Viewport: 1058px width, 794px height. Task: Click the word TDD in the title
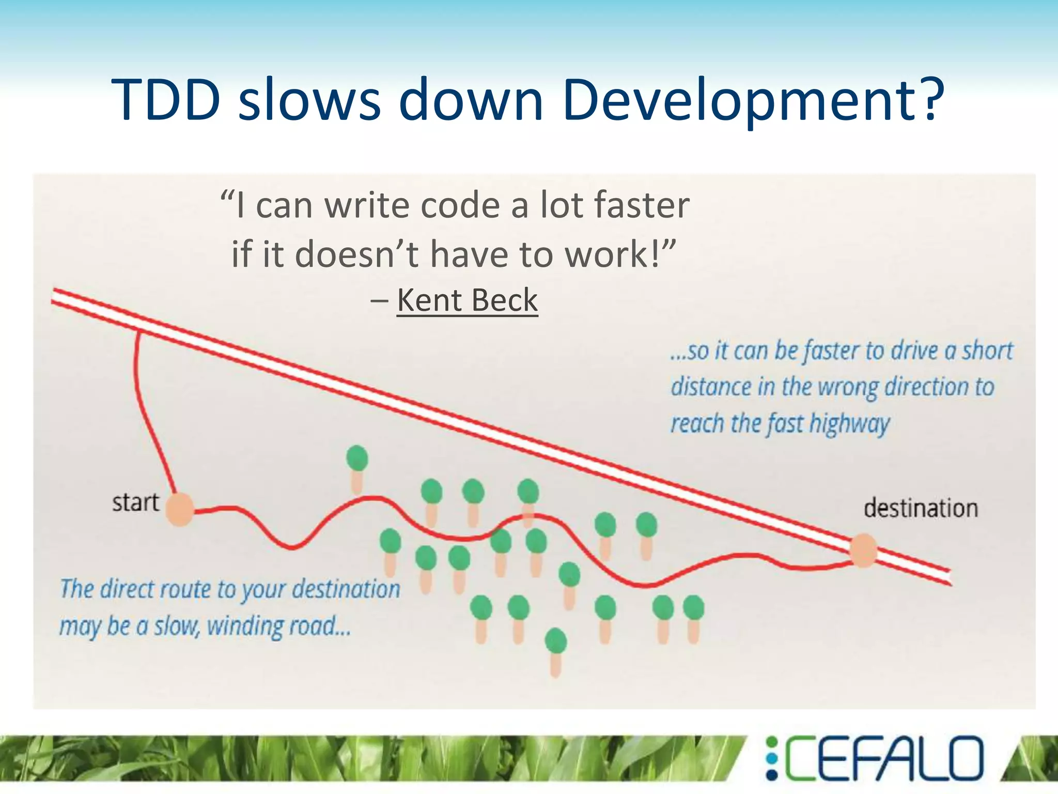click(166, 99)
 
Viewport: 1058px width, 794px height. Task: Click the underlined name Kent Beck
click(467, 300)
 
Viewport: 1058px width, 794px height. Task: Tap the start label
click(136, 502)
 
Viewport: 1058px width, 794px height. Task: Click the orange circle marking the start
click(179, 510)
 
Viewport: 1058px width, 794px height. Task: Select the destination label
click(921, 508)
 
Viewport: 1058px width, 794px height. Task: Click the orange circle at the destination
click(863, 551)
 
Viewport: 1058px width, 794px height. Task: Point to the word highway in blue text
click(849, 423)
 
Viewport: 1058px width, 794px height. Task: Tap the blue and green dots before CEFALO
click(772, 758)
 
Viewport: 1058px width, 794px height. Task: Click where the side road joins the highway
click(138, 332)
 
